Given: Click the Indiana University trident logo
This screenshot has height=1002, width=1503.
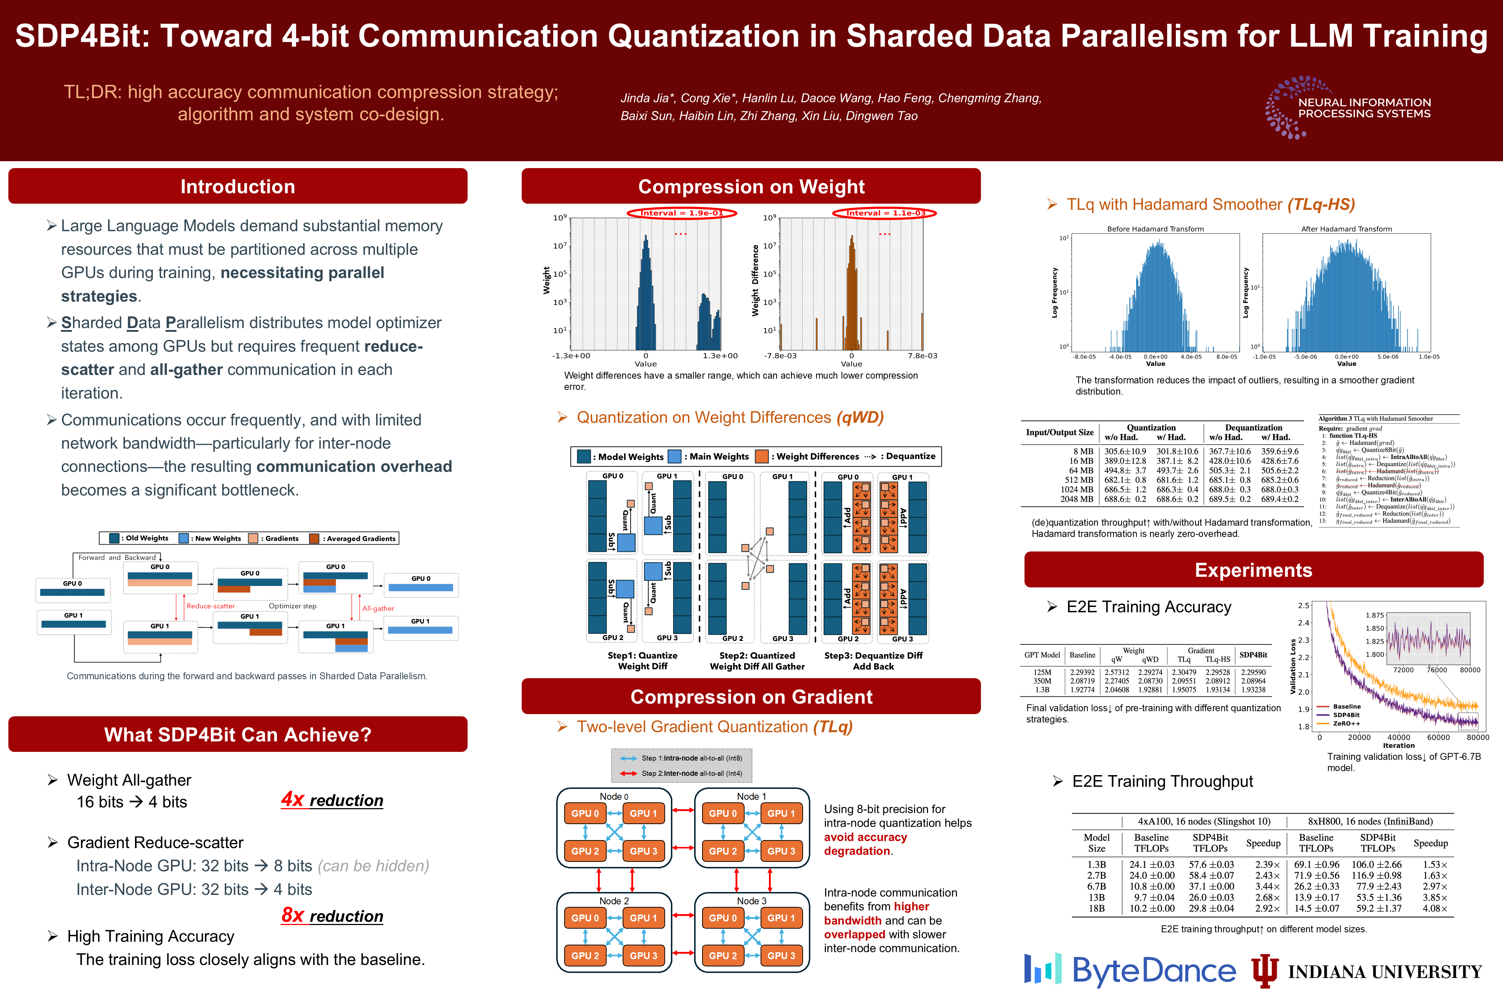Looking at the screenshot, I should [x=1264, y=970].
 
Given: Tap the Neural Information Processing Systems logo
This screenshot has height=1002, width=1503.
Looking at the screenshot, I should [x=1348, y=107].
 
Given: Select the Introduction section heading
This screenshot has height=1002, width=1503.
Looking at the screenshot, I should [x=238, y=187].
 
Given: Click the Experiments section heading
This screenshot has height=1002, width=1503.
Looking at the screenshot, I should [x=1253, y=570].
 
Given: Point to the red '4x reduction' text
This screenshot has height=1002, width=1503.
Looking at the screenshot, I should [x=332, y=800].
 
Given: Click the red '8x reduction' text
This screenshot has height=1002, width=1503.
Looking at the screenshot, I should [x=332, y=916].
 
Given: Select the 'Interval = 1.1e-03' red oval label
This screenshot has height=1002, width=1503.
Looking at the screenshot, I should [x=884, y=213].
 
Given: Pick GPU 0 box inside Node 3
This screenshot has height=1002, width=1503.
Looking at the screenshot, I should [x=723, y=918].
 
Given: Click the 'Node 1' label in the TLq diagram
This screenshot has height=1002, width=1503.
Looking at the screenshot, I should [x=751, y=796].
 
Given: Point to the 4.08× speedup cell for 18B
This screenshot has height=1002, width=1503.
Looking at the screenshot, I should [x=1435, y=908].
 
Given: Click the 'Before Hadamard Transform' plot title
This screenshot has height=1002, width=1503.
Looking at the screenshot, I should [x=1155, y=229].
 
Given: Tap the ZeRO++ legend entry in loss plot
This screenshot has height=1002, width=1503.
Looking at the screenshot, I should [x=1347, y=724].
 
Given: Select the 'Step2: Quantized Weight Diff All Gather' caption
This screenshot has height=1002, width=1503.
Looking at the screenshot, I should [x=757, y=661].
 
